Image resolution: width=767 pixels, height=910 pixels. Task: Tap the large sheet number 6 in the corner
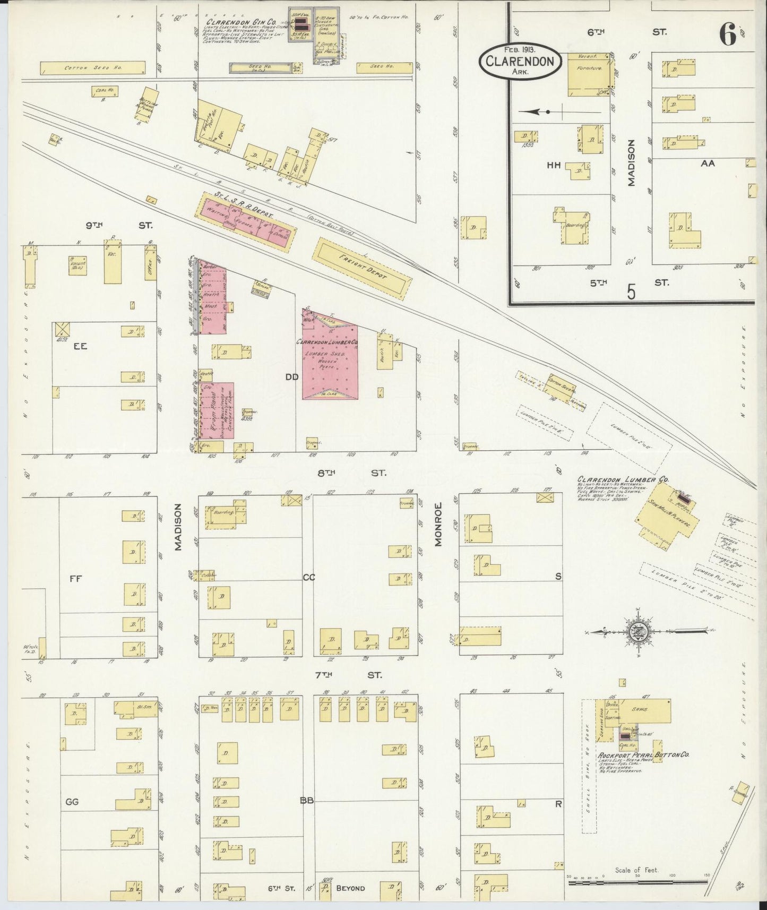728,36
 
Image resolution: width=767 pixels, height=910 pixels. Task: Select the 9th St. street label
119,226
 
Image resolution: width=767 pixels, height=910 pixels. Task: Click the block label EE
80,346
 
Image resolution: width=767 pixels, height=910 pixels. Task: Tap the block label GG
72,801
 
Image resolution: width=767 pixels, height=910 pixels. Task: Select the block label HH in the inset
554,166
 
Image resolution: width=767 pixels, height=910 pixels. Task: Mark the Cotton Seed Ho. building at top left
92,68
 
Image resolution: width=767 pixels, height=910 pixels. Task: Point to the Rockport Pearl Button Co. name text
643,754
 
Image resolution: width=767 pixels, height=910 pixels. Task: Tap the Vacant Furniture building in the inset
589,74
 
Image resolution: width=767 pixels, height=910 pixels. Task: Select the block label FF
74,579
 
